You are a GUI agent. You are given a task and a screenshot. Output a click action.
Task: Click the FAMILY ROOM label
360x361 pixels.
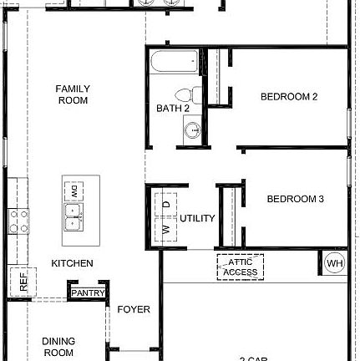pyautogui.click(x=73, y=94)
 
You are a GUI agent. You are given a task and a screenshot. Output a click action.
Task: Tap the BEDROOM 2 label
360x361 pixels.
pyautogui.click(x=289, y=96)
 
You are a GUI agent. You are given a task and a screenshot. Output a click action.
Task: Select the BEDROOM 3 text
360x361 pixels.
pyautogui.click(x=295, y=199)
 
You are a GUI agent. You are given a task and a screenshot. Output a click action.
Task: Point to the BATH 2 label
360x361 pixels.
pyautogui.click(x=173, y=109)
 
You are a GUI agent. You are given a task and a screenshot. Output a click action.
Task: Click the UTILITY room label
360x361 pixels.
pyautogui.click(x=197, y=219)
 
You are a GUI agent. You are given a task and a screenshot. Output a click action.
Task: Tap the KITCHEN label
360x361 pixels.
pyautogui.click(x=73, y=263)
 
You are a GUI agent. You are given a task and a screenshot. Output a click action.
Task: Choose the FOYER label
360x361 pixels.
pyautogui.click(x=134, y=310)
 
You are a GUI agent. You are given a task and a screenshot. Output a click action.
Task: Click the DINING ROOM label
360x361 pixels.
pyautogui.click(x=58, y=347)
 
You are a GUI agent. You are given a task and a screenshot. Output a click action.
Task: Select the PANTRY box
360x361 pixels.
pyautogui.click(x=88, y=293)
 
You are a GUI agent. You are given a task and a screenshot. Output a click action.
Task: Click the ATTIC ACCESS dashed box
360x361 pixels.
pyautogui.click(x=241, y=267)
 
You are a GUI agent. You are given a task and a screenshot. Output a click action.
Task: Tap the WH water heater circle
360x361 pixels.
pyautogui.click(x=334, y=264)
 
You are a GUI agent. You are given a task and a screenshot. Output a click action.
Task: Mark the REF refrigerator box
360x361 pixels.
pyautogui.click(x=22, y=282)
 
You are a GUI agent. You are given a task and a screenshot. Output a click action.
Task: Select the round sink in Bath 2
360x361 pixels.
pyautogui.click(x=193, y=130)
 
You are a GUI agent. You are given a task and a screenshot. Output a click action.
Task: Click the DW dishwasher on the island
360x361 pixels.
pyautogui.click(x=74, y=191)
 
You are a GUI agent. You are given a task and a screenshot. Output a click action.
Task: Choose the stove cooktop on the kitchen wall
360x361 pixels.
pyautogui.click(x=18, y=220)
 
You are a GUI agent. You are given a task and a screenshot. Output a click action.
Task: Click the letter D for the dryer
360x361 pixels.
pyautogui.click(x=165, y=204)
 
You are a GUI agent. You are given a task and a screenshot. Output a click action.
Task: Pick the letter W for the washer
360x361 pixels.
pyautogui.click(x=165, y=228)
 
